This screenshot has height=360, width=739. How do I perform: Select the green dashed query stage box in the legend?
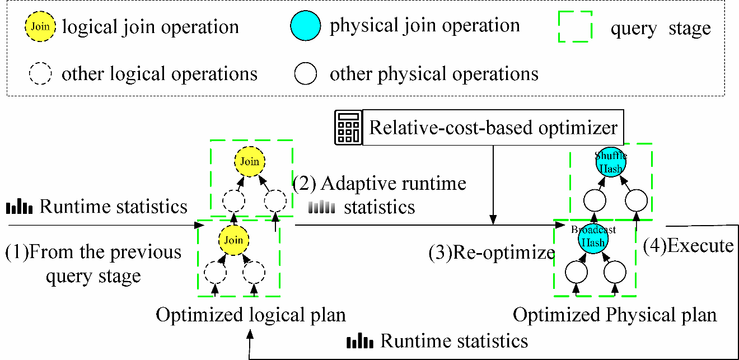point(575,27)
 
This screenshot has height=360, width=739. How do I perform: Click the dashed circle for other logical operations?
point(40,73)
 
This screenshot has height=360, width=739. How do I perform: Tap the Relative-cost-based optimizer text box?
point(493,128)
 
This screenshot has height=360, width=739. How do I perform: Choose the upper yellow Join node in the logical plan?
point(250,162)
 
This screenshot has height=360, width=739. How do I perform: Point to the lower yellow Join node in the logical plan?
point(233,240)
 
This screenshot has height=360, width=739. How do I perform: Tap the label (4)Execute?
point(688,245)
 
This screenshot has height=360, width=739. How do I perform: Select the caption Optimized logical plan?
point(250,315)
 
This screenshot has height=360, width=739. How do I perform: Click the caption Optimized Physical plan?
point(615,315)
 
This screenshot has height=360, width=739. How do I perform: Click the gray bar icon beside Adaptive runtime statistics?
point(321,208)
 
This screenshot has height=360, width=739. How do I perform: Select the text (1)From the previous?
point(93,252)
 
